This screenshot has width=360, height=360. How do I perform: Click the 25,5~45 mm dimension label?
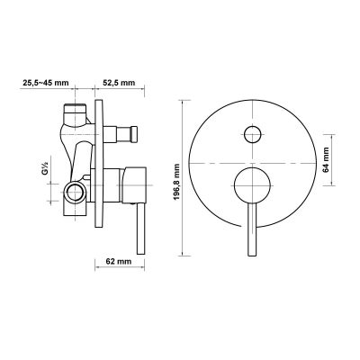click(45, 82)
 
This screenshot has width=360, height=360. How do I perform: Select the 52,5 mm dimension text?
click(118, 82)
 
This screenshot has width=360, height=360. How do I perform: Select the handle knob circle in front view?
click(252, 190)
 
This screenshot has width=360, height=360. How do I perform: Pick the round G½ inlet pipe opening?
click(75, 190)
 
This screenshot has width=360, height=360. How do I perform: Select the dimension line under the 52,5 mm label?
click(118, 90)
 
